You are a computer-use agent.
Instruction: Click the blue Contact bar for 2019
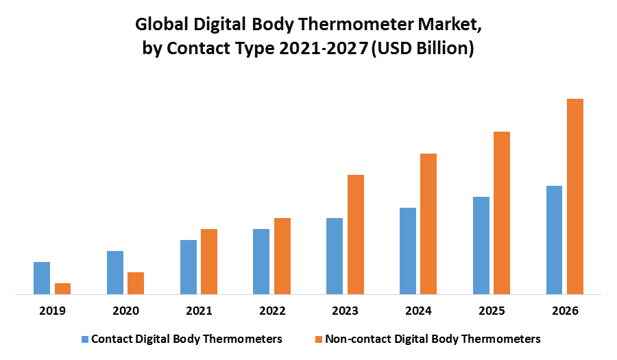(42, 278)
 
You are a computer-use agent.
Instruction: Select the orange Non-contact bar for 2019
(62, 289)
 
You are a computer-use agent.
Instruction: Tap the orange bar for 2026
(574, 197)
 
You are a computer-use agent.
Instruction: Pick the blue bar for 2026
(554, 240)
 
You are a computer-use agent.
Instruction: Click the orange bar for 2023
(355, 235)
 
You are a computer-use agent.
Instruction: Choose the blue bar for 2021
(189, 267)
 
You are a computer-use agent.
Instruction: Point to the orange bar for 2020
(136, 283)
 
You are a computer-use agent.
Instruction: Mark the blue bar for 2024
(408, 251)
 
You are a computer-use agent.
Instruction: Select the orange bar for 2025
(502, 213)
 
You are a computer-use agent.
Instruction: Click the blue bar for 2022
(261, 261)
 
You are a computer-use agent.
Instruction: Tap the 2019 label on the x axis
(52, 311)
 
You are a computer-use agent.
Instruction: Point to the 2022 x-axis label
(272, 311)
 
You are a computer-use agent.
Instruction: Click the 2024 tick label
(418, 311)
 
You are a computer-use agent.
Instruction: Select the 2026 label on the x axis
(565, 311)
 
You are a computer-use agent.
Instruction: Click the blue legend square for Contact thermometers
(85, 339)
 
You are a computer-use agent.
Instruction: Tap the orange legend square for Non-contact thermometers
(319, 339)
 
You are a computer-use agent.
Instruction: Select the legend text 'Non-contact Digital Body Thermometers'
(433, 339)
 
